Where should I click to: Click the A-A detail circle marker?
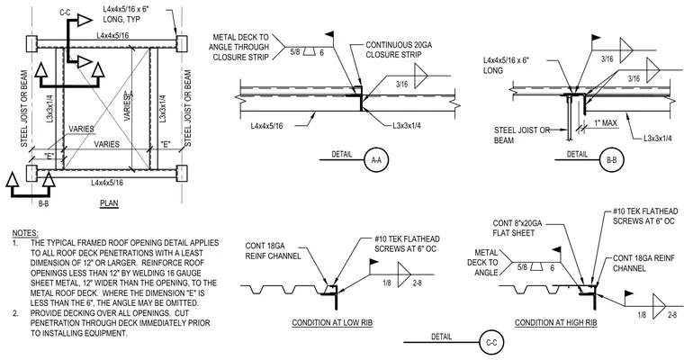point(376,160)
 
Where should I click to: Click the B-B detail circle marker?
point(612,160)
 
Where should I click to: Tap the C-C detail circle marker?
point(491,343)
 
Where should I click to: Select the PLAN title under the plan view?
point(109,202)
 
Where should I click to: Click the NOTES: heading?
point(25,233)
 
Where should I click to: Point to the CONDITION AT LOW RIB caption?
point(332,323)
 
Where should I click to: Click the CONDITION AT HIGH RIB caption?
point(556,323)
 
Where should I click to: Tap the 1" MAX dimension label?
point(606,123)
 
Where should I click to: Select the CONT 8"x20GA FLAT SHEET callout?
point(517,229)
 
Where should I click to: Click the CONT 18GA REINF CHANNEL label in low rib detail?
point(273,251)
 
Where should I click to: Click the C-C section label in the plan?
point(65,13)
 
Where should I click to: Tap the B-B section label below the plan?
point(43,202)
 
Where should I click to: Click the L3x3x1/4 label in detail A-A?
point(407,126)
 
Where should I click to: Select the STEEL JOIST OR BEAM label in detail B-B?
point(522,135)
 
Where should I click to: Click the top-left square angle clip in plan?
point(32,44)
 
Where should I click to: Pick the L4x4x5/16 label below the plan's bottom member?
point(107,183)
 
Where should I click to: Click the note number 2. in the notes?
point(15,313)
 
